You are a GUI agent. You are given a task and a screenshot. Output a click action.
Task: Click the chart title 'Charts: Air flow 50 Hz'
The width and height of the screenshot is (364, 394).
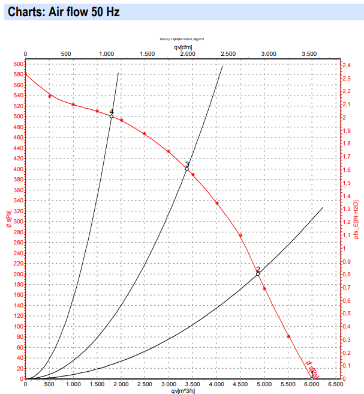pyautogui.click(x=65, y=11)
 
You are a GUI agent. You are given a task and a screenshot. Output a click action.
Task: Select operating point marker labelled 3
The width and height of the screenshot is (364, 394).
pyautogui.click(x=186, y=169)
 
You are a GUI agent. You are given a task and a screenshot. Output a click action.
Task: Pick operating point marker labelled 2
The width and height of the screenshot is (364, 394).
pyautogui.click(x=258, y=274)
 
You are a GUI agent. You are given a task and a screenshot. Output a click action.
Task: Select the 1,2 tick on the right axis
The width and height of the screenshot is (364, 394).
pyautogui.click(x=347, y=222)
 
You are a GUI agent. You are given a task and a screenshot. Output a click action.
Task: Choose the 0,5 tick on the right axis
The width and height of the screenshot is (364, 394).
pyautogui.click(x=347, y=314)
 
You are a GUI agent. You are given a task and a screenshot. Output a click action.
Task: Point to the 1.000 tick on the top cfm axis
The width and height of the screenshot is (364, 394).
pyautogui.click(x=107, y=54)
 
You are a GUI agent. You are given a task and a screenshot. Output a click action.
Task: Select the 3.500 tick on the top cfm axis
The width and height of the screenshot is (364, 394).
pyautogui.click(x=309, y=54)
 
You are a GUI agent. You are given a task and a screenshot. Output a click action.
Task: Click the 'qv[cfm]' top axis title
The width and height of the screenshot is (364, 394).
pyautogui.click(x=183, y=46)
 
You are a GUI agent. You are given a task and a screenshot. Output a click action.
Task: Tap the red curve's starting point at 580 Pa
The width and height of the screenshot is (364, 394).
pyautogui.click(x=26, y=74)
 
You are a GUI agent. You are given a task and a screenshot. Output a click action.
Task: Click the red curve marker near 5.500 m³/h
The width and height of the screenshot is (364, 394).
pyautogui.click(x=288, y=336)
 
